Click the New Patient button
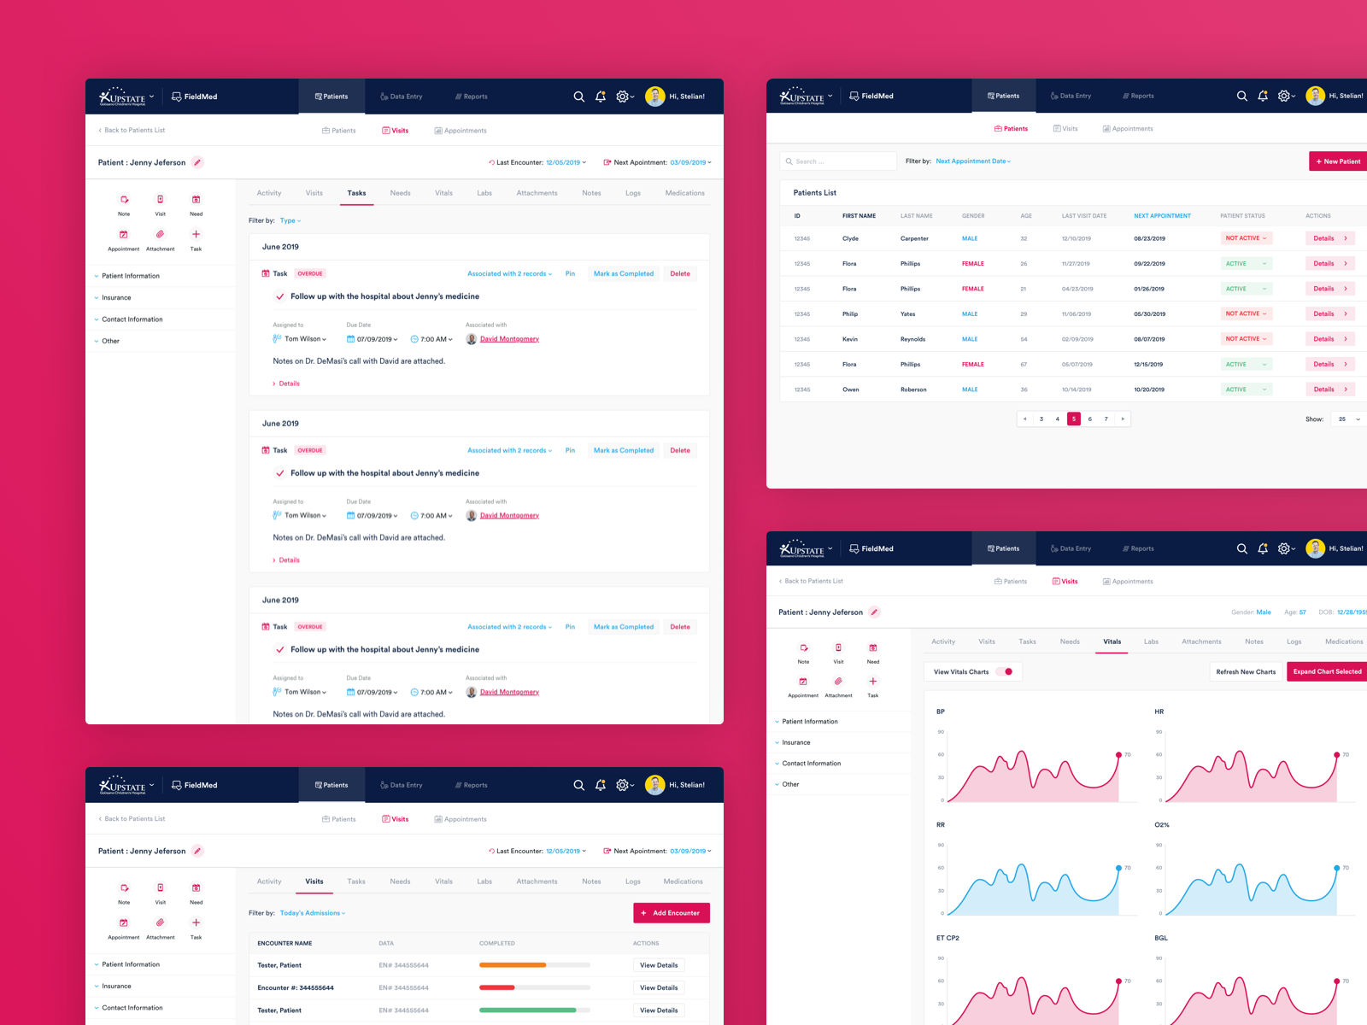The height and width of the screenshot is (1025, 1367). (1338, 161)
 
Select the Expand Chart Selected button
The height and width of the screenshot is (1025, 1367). (1327, 671)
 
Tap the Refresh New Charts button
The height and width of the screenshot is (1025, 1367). (1246, 671)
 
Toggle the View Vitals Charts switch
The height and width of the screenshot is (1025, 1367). (1005, 671)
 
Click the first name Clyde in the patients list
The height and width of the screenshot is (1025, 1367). (850, 238)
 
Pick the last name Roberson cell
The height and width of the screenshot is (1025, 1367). (913, 389)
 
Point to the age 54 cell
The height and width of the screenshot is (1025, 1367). (1024, 339)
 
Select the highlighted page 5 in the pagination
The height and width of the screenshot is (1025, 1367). (1074, 419)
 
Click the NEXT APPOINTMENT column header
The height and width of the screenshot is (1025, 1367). (1162, 216)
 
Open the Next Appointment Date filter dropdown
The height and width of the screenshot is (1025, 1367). (973, 161)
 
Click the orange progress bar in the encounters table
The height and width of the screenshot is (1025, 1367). (513, 965)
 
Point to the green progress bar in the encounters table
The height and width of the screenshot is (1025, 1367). (527, 1010)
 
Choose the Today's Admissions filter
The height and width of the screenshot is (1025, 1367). (313, 913)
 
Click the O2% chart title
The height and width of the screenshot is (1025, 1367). (1162, 825)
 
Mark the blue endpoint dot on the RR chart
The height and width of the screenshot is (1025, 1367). (1118, 868)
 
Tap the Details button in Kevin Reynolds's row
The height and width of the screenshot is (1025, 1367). (1329, 339)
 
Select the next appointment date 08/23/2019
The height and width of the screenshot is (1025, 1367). (1149, 238)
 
